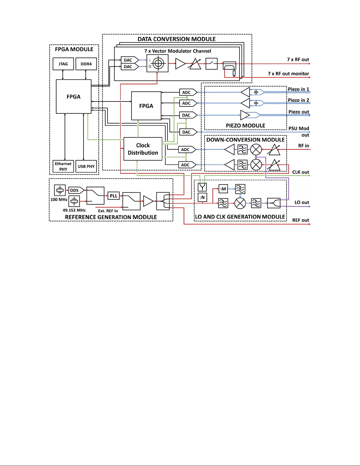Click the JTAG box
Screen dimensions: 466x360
63,64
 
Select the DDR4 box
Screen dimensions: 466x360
86,64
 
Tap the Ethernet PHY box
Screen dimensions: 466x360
63,166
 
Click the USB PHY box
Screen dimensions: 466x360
86,166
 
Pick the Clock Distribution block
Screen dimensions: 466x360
143,149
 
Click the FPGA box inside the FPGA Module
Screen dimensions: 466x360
73,96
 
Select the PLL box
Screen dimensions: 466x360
113,196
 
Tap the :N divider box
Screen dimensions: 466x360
202,197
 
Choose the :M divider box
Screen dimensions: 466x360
223,189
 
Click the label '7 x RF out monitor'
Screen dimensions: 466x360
288,74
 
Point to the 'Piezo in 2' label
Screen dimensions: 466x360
298,100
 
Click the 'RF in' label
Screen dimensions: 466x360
304,146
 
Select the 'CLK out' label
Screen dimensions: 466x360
300,172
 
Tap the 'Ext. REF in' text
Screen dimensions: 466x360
108,211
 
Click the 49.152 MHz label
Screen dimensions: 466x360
74,210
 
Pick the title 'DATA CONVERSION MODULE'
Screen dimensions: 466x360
177,39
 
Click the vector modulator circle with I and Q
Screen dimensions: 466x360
158,63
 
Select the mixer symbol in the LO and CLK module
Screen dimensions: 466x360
240,203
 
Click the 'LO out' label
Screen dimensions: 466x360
302,203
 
